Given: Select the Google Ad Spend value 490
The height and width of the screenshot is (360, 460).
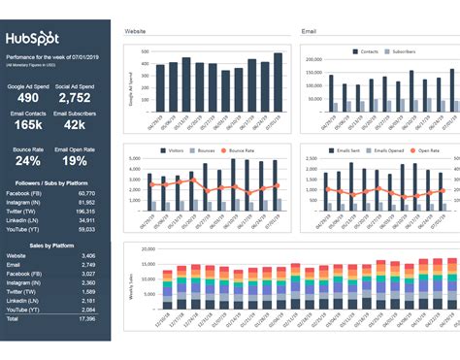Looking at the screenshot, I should pos(28,98).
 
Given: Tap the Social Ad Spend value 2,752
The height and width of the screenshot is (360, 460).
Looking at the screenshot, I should pos(82,98).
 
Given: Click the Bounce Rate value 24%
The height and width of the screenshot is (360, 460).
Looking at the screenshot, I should pos(28,162).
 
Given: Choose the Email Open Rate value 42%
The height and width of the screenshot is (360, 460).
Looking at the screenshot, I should pos(82,162).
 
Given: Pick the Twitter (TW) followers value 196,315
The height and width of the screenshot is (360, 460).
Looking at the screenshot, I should pos(86,212).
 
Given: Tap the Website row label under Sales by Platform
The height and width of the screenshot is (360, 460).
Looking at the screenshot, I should pos(16,282).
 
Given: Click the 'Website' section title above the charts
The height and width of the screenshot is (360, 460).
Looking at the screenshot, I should pos(136,32).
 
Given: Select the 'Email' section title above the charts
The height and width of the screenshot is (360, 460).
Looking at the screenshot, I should pos(311,32).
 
